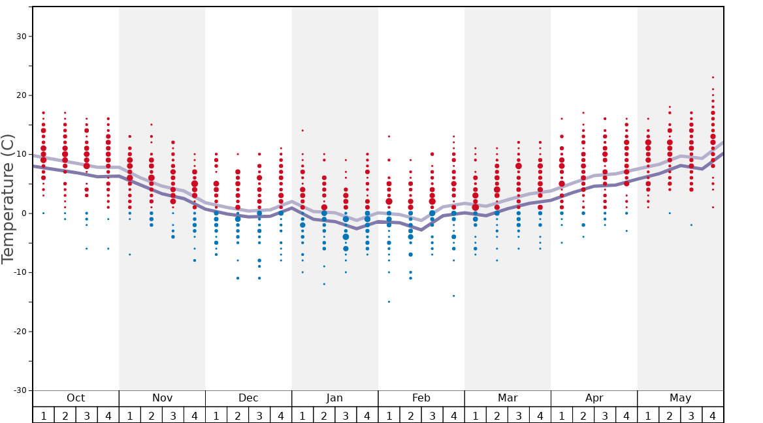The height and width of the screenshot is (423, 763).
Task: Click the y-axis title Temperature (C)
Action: tap(8, 198)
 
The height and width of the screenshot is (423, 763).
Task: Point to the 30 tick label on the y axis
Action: tap(20, 37)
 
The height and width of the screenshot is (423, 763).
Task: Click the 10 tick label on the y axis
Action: tap(20, 155)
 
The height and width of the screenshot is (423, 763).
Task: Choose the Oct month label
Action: tap(76, 398)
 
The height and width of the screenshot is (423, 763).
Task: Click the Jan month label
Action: tap(334, 398)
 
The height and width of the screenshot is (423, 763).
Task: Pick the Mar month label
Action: tap(508, 398)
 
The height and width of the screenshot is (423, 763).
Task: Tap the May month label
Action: tap(680, 398)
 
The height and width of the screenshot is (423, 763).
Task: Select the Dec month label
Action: tap(248, 398)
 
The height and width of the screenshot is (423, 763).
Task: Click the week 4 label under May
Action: tap(713, 415)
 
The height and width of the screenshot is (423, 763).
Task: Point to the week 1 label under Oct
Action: tap(43, 415)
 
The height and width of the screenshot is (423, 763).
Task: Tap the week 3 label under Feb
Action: tap(432, 415)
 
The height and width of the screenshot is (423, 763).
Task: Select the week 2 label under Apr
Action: tap(583, 415)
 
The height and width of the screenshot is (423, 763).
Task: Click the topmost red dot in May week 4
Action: tap(713, 78)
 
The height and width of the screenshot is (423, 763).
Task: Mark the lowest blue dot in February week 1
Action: tap(389, 302)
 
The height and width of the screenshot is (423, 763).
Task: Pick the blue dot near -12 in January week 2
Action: tap(324, 284)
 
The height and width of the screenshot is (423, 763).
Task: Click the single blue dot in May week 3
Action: tap(691, 225)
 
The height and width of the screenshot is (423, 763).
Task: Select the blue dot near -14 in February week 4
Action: tap(453, 296)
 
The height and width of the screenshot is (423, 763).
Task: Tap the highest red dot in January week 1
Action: tap(302, 131)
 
